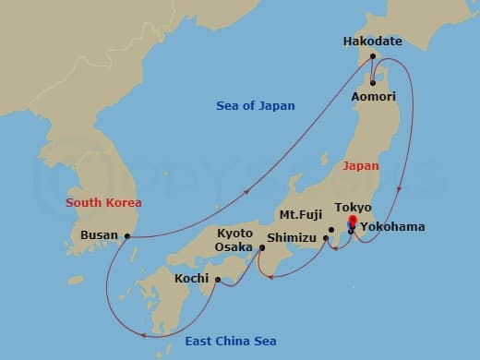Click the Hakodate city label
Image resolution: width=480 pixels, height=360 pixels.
pos(372,42)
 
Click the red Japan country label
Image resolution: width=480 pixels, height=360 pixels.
pos(361,166)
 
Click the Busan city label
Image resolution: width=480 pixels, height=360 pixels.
pos(99,235)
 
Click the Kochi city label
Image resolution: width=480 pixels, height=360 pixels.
pos(193,278)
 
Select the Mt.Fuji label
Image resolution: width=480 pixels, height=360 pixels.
pos(301,215)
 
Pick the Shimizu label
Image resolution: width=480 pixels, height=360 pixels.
pos(292,238)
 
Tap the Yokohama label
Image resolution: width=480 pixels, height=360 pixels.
pos(392,225)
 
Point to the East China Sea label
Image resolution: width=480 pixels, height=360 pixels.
pos(229,342)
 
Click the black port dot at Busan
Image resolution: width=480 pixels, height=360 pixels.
pos(127,236)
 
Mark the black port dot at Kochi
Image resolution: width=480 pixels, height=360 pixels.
pos(217,279)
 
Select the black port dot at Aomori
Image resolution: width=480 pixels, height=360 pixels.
pos(372,82)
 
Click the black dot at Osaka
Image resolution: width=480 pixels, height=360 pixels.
pos(261,246)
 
